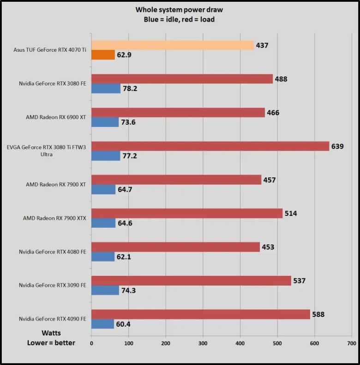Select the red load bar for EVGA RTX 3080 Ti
point(210,146)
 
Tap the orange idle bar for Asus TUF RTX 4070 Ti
point(103,55)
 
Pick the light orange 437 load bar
point(172,45)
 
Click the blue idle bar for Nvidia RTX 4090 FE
point(102,324)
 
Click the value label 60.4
point(123,324)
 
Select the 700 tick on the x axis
point(351,344)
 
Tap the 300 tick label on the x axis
point(203,344)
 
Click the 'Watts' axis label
point(51,333)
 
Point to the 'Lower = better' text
point(51,343)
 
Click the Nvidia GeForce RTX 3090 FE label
point(52,285)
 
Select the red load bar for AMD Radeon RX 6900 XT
point(178,112)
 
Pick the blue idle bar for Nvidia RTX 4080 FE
point(103,256)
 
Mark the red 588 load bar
point(200,314)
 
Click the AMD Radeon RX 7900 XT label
point(57,184)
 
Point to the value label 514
point(291,213)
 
